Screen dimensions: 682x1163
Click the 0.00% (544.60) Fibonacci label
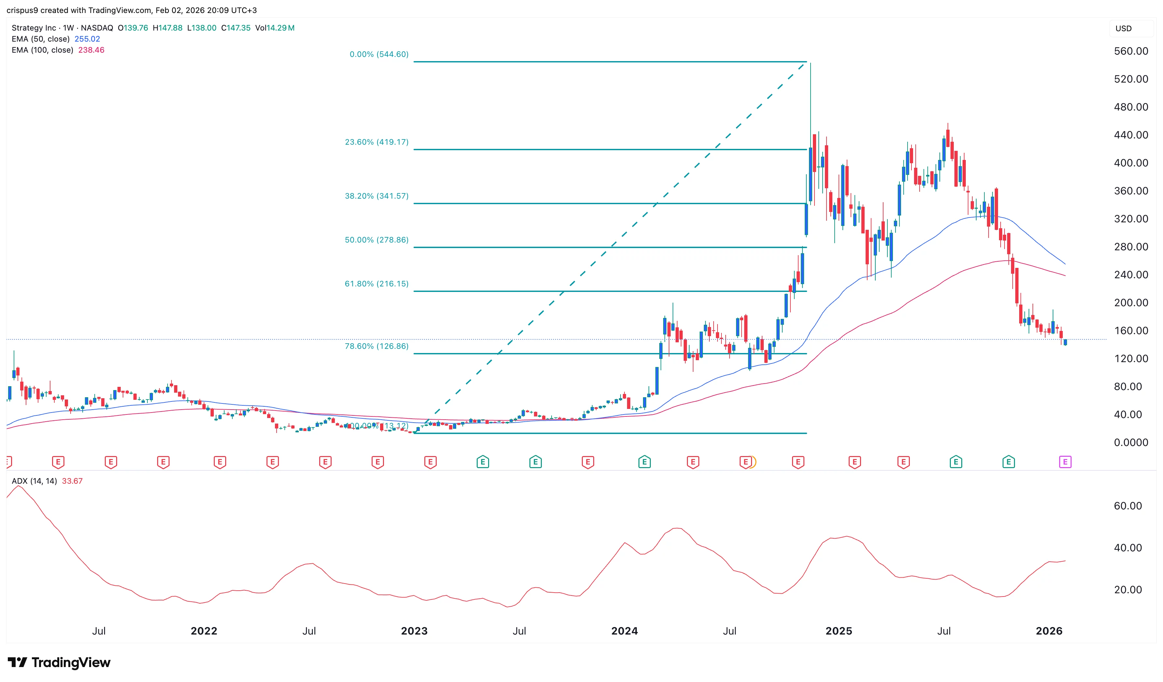pyautogui.click(x=379, y=54)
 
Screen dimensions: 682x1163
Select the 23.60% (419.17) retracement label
pyautogui.click(x=376, y=142)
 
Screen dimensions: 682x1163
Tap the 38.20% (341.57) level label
pyautogui.click(x=376, y=196)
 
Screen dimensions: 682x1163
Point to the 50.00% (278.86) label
pyautogui.click(x=376, y=240)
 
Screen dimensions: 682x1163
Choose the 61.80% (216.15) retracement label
pyautogui.click(x=376, y=283)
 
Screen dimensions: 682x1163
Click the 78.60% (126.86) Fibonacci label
pyautogui.click(x=376, y=346)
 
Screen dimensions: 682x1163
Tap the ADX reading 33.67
pyautogui.click(x=72, y=481)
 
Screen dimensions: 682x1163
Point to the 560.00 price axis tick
pyautogui.click(x=1131, y=51)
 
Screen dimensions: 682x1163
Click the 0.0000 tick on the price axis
pyautogui.click(x=1131, y=443)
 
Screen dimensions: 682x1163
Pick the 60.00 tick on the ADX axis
pyautogui.click(x=1128, y=506)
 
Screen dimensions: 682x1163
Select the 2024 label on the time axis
pyautogui.click(x=624, y=631)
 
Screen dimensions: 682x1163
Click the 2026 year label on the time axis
pyautogui.click(x=1049, y=631)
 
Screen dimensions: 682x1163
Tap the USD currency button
pyautogui.click(x=1123, y=29)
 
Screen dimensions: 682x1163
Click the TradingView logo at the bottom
pyautogui.click(x=59, y=662)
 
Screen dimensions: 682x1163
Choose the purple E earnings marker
pyautogui.click(x=1065, y=462)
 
